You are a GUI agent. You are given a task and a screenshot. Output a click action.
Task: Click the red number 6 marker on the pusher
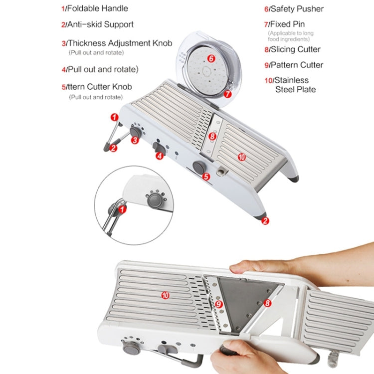(211, 58)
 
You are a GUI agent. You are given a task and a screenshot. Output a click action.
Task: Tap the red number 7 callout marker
(227, 93)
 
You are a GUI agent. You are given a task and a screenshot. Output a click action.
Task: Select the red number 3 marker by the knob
(134, 141)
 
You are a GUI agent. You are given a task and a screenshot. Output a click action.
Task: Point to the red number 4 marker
(159, 156)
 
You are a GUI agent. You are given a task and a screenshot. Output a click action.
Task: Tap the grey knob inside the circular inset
(154, 200)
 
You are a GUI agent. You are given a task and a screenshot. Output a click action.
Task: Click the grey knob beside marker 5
(197, 167)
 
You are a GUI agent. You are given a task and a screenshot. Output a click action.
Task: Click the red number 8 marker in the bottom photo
(267, 303)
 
